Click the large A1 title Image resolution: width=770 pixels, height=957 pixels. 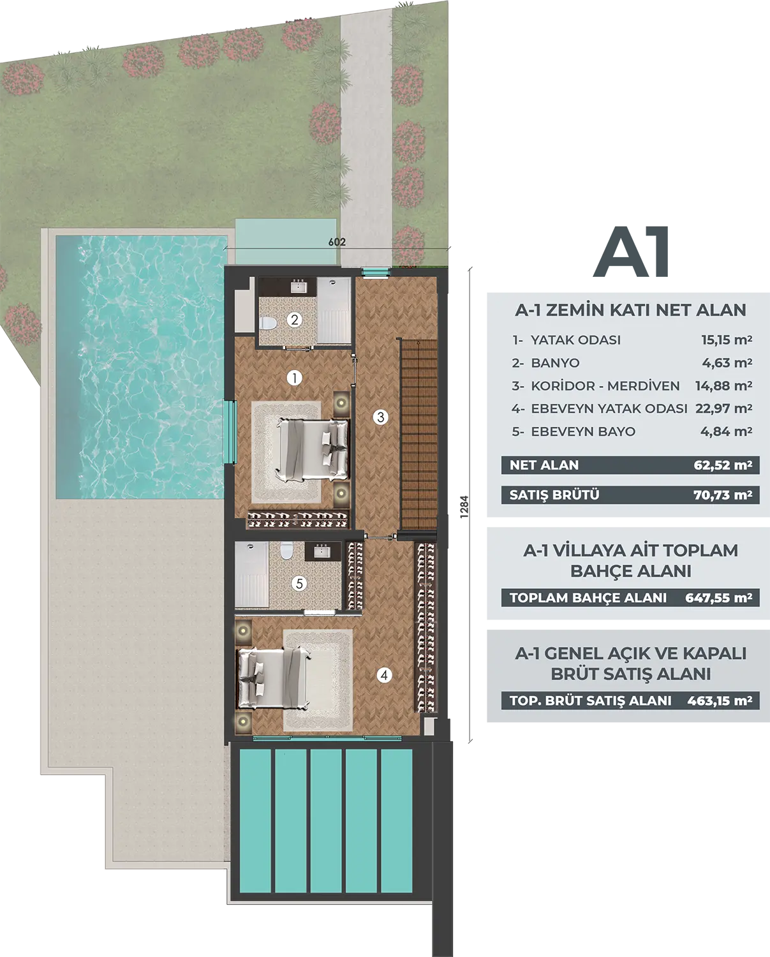pos(631,252)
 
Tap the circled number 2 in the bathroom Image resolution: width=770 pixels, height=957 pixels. pos(294,319)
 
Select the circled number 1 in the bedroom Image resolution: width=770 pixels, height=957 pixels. pos(294,378)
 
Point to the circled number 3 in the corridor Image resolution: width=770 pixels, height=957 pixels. pos(381,417)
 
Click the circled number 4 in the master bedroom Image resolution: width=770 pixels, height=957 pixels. pos(384,676)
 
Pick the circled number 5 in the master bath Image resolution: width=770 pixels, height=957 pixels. pos(299,583)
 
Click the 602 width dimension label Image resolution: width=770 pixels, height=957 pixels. pos(337,242)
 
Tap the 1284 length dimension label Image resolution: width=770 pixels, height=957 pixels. pos(464,507)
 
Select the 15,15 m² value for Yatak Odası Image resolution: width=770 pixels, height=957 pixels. pos(727,340)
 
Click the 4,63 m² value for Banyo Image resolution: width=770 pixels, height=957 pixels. pos(727,363)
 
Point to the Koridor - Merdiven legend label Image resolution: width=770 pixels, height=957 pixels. pos(605,386)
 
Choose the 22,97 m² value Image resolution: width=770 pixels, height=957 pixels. pos(723,409)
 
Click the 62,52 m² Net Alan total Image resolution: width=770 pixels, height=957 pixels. pos(723,465)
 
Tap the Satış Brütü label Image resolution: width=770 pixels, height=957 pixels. pos(554,495)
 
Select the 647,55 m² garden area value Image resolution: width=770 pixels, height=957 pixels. pos(719,598)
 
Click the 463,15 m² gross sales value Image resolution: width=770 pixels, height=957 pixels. pos(720,701)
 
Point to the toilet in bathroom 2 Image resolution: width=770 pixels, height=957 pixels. pos(268,323)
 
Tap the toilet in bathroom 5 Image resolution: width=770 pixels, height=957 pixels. pos(286,551)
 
